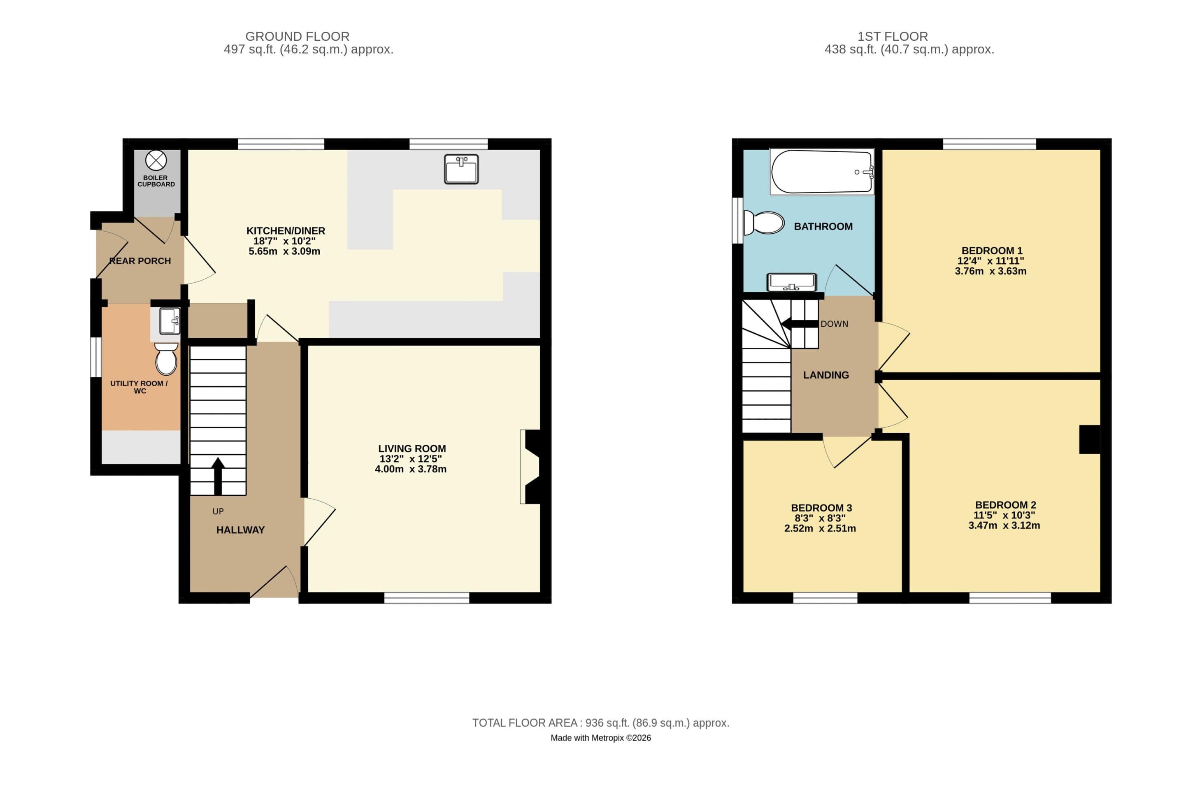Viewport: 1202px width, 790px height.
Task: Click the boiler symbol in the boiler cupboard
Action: click(x=156, y=160)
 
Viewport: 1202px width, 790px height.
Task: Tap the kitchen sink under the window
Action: click(x=461, y=169)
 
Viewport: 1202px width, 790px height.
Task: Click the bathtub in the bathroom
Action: click(x=822, y=172)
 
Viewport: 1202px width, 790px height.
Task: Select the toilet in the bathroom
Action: click(x=764, y=223)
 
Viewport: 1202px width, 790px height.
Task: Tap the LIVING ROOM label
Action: click(x=412, y=448)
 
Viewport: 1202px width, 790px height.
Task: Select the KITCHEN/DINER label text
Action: click(x=285, y=231)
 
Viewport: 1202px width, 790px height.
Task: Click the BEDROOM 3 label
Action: click(x=821, y=508)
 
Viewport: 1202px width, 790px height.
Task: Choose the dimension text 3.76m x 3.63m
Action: click(x=990, y=271)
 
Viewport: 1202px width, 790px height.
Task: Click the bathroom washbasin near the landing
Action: click(x=791, y=282)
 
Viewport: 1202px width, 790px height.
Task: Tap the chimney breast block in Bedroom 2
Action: click(x=1089, y=439)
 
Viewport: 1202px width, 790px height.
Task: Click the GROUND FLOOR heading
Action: click(x=297, y=36)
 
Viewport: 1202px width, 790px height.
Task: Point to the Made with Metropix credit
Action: click(x=600, y=738)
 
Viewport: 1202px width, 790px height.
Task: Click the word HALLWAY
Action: click(x=240, y=530)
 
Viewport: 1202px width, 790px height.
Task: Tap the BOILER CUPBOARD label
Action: click(x=156, y=181)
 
